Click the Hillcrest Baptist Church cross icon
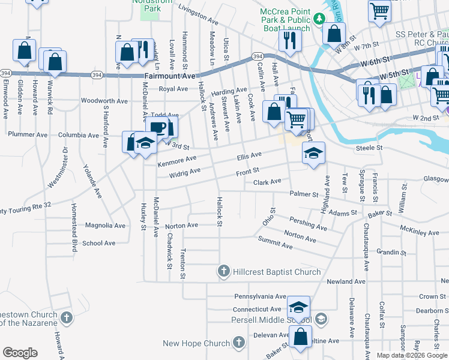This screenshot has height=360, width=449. point(223,272)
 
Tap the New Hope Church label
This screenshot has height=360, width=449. point(196,343)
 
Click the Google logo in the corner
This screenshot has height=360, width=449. point(19,353)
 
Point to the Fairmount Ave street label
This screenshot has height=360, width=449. point(170,76)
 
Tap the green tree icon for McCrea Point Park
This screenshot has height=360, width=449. point(320,17)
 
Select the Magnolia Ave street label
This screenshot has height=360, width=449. point(105,226)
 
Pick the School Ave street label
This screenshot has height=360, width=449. point(99,243)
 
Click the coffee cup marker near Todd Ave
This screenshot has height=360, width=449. point(158,127)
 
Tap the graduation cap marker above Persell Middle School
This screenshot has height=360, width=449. point(298,307)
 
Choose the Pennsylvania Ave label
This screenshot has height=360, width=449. point(260,296)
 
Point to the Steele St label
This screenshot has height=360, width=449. point(369,147)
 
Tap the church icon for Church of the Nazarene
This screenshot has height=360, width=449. point(66,317)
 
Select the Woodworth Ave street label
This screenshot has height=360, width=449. point(104,101)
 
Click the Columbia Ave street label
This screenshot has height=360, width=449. point(79,136)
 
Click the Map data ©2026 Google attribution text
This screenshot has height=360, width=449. point(411,355)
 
